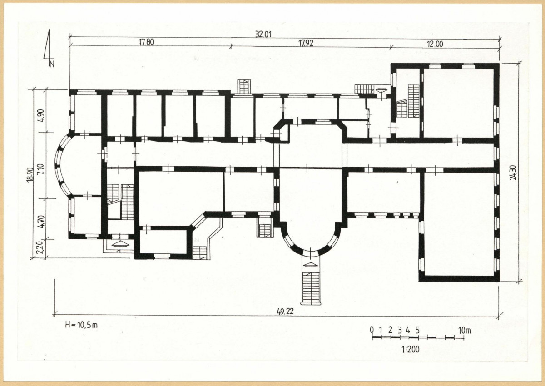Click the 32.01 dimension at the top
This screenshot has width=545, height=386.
(263, 35)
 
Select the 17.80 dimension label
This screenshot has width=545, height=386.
(146, 42)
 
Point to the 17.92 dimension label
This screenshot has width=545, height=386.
(306, 43)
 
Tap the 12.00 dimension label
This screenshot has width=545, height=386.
(435, 44)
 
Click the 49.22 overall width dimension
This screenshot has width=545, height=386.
(285, 312)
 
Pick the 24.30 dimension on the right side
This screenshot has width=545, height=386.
(514, 172)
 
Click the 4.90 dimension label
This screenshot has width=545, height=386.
(41, 116)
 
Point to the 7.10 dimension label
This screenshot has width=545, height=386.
(41, 169)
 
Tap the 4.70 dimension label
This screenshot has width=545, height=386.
(41, 221)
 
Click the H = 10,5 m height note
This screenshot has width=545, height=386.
(81, 325)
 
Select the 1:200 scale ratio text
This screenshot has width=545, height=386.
(411, 350)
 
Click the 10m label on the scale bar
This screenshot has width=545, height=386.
(465, 330)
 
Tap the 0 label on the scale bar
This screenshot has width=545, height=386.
(372, 330)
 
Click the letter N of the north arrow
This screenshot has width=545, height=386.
(52, 64)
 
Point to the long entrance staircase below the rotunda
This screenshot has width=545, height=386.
(311, 288)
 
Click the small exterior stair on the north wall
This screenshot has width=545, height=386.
(244, 86)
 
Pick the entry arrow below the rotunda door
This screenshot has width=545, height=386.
(311, 264)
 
